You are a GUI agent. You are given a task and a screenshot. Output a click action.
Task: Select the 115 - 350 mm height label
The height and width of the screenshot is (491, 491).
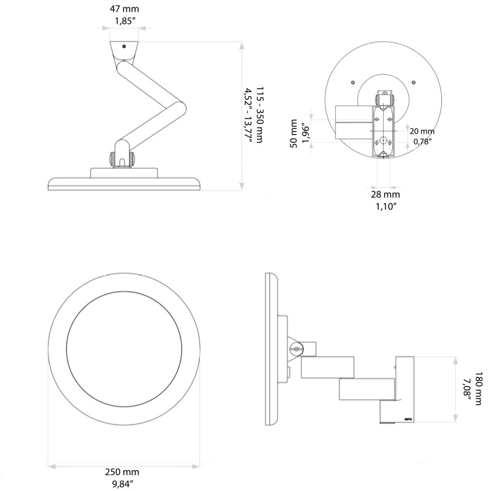(x=260, y=114)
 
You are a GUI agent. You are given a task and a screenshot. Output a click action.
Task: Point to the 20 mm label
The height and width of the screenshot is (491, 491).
(x=422, y=131)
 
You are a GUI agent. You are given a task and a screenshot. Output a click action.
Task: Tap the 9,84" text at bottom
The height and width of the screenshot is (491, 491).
(x=124, y=484)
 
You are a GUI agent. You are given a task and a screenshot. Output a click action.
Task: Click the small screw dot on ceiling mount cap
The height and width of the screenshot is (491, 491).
(x=124, y=46)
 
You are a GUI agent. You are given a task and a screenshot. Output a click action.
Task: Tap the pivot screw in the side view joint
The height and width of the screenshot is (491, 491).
(x=298, y=349)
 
